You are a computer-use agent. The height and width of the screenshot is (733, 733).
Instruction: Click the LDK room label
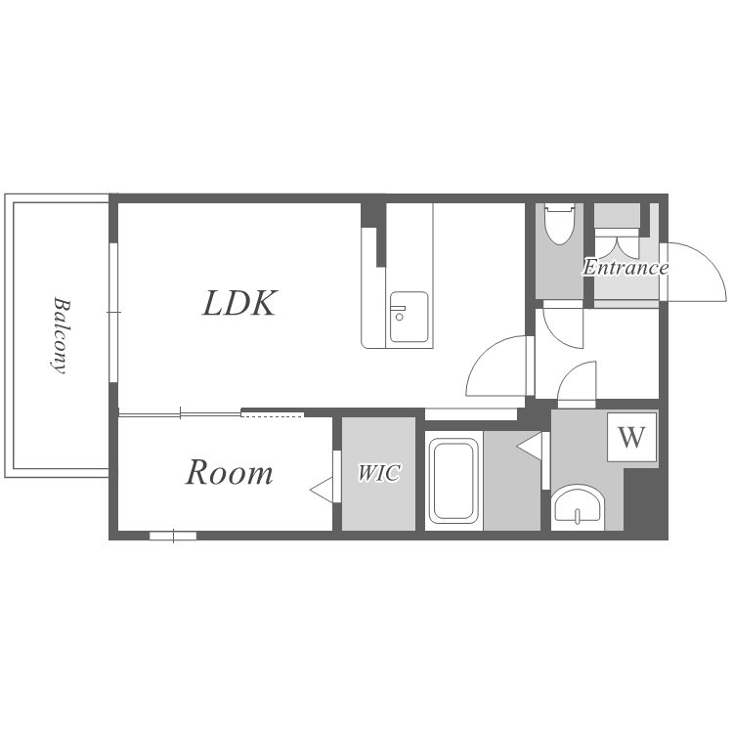coord(240,303)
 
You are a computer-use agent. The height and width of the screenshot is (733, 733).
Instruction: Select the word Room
coord(229,473)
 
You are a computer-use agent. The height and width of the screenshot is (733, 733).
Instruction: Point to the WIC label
coord(378,473)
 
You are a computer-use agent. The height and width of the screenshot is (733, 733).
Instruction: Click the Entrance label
coord(625,268)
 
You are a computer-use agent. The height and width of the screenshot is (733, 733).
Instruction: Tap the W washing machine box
coord(632,438)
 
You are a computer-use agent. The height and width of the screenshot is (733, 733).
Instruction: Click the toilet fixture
coord(560,224)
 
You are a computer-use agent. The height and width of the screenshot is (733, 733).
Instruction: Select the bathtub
coord(453,481)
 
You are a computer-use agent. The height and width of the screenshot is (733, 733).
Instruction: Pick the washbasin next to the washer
coord(578,507)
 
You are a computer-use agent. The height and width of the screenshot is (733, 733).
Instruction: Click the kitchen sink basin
coord(410,317)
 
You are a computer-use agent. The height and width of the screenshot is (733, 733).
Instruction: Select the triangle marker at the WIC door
coord(323,490)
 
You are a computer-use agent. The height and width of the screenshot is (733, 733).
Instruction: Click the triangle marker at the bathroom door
coord(529,447)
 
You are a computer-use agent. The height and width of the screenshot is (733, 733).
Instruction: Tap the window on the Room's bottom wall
coord(173,536)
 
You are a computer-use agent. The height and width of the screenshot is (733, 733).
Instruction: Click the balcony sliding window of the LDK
coord(113,313)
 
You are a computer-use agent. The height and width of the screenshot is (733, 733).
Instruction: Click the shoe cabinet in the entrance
coord(617,216)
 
